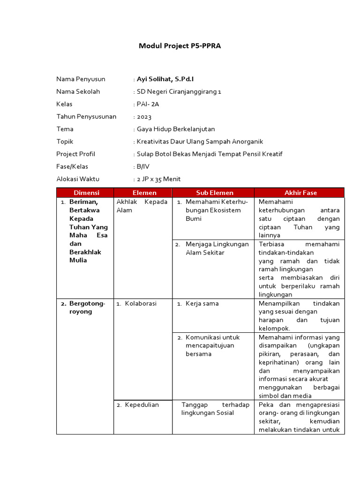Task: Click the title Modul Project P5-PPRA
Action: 180,46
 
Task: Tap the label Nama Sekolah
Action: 78,91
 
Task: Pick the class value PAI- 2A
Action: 148,104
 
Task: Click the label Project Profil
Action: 75,154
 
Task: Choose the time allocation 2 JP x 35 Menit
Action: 158,179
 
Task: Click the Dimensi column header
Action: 85,193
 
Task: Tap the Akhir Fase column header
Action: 300,193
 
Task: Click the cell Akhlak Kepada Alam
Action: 142,206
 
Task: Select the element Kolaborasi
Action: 141,304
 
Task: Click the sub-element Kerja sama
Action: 202,304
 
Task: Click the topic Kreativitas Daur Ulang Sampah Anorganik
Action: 200,142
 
